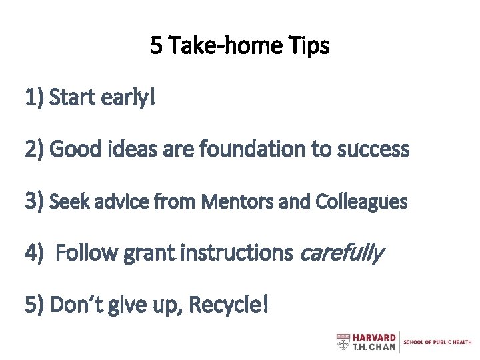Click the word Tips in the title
[x=309, y=47]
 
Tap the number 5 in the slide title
[x=156, y=47]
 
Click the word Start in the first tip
[x=73, y=99]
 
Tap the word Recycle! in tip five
[x=230, y=305]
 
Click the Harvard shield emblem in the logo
[x=341, y=342]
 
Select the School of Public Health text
[x=438, y=342]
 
